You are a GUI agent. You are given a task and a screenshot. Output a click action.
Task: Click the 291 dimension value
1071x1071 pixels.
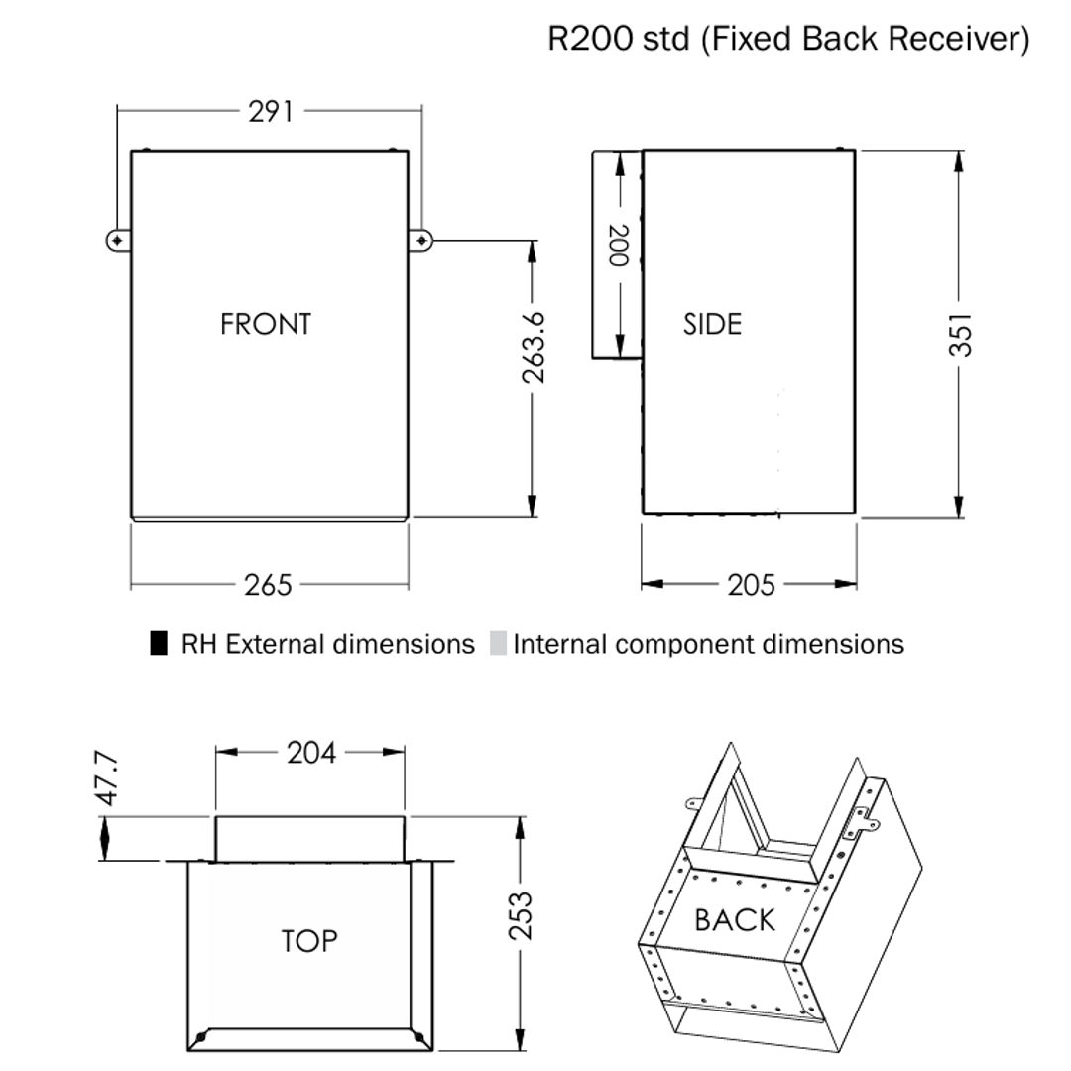pyautogui.click(x=270, y=111)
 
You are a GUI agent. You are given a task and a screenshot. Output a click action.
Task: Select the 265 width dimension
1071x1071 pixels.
pyautogui.click(x=269, y=585)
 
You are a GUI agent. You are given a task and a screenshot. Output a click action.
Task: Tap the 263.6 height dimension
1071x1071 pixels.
pyautogui.click(x=534, y=346)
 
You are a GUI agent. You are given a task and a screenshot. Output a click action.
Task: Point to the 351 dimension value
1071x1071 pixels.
pyautogui.click(x=959, y=334)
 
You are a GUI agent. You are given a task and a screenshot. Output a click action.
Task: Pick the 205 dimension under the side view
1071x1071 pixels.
pyautogui.click(x=751, y=585)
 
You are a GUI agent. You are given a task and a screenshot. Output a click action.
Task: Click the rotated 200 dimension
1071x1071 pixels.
pyautogui.click(x=618, y=245)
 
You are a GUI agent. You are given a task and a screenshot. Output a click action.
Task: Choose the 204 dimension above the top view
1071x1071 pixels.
pyautogui.click(x=311, y=753)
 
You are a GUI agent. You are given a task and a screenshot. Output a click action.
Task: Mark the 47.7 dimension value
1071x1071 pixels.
pyautogui.click(x=108, y=777)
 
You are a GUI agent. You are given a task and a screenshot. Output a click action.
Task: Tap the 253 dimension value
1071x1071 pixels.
pyautogui.click(x=520, y=915)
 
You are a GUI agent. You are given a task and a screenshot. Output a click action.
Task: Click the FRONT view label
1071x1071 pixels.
pyautogui.click(x=266, y=324)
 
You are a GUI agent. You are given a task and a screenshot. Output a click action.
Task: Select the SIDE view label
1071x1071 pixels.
pyautogui.click(x=712, y=324)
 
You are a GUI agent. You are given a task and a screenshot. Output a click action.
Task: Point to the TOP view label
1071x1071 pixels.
pyautogui.click(x=308, y=940)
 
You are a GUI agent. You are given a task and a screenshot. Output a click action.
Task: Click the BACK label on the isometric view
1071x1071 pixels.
pyautogui.click(x=735, y=919)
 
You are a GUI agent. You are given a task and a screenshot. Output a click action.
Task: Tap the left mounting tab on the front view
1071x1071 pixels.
pyautogui.click(x=118, y=240)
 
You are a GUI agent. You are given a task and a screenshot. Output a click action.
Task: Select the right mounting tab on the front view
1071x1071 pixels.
pyautogui.click(x=421, y=240)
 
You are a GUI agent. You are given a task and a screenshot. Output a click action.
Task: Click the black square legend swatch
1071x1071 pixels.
pyautogui.click(x=159, y=644)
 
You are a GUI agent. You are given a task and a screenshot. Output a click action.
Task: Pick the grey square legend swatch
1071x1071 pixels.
pyautogui.click(x=498, y=644)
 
